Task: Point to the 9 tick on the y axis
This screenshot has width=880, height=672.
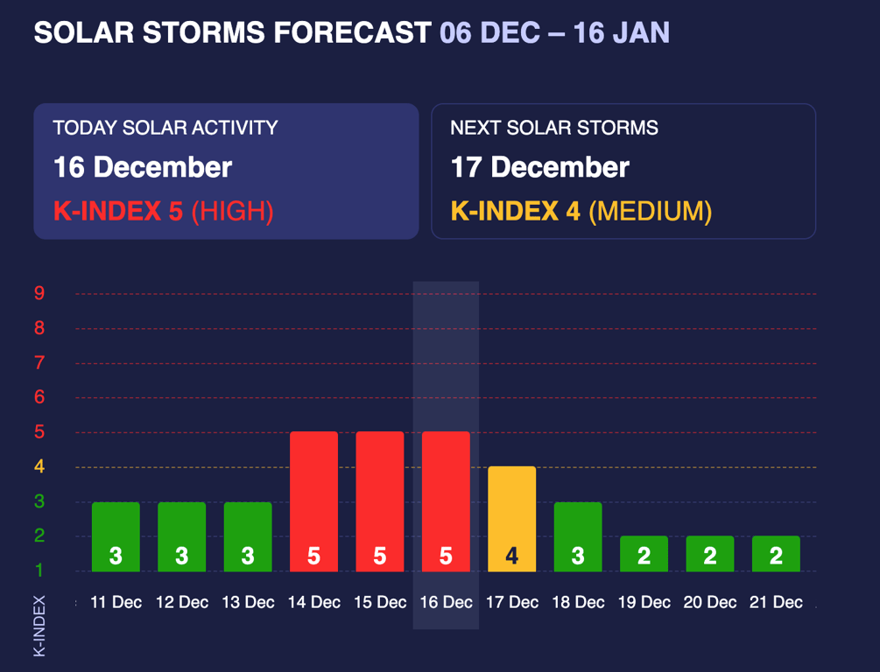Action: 39,293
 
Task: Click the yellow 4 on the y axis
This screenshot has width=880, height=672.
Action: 39,466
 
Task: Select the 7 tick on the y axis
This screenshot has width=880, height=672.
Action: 39,362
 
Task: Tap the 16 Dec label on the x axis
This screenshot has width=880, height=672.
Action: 446,602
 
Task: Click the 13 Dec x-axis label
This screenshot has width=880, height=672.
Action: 248,602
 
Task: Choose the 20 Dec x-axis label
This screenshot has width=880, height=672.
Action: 710,602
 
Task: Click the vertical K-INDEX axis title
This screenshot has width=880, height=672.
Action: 39,626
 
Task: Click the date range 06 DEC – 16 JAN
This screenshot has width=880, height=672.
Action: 554,33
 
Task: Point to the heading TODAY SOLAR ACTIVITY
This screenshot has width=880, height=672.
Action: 165,128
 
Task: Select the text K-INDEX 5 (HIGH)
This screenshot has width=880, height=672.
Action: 164,211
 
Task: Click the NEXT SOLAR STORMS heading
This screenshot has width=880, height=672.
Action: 554,128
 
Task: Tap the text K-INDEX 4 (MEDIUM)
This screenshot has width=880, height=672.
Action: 581,211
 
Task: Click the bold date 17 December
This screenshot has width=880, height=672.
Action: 539,167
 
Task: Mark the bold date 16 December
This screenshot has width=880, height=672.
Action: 143,167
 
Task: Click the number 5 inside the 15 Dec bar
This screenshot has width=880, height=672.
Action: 380,556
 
